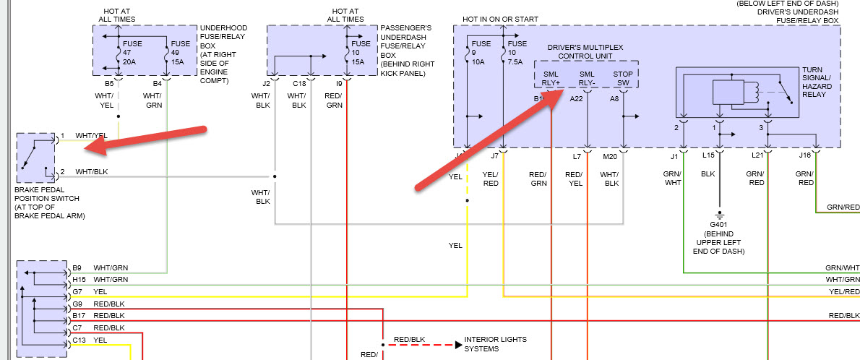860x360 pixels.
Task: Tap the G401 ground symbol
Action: point(719,215)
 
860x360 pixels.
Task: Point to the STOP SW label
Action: point(622,77)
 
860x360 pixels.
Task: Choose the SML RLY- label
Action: point(587,77)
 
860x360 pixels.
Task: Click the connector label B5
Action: point(108,84)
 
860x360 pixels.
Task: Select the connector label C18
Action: point(298,84)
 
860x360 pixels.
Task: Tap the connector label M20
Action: point(611,155)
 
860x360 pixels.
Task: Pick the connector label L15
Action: point(708,155)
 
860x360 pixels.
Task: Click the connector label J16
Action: point(804,155)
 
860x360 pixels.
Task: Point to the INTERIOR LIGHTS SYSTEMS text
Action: point(495,343)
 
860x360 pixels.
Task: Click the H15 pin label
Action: point(77,279)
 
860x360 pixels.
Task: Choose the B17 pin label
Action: point(77,315)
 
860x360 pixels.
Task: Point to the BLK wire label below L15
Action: point(708,173)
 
